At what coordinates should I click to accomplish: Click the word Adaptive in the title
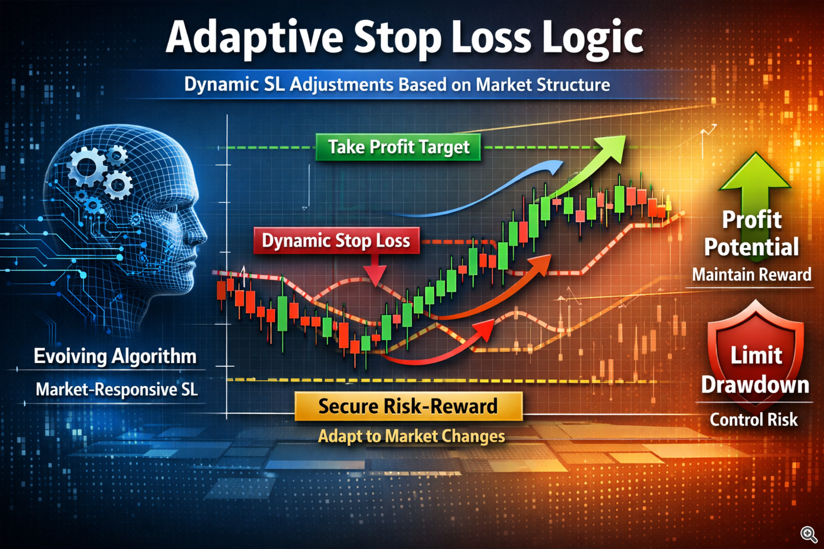point(254,37)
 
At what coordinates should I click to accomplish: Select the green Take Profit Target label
point(398,147)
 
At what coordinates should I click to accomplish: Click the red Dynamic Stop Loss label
point(336,240)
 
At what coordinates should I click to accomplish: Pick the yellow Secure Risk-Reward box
point(408,406)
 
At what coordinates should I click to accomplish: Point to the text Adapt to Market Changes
point(411,436)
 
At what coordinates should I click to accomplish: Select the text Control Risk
point(753,420)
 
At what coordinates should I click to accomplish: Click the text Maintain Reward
point(751,274)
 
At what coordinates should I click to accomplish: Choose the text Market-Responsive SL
point(116,390)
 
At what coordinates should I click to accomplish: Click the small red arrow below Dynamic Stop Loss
point(375,272)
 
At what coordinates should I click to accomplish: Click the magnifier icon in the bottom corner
point(808,534)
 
